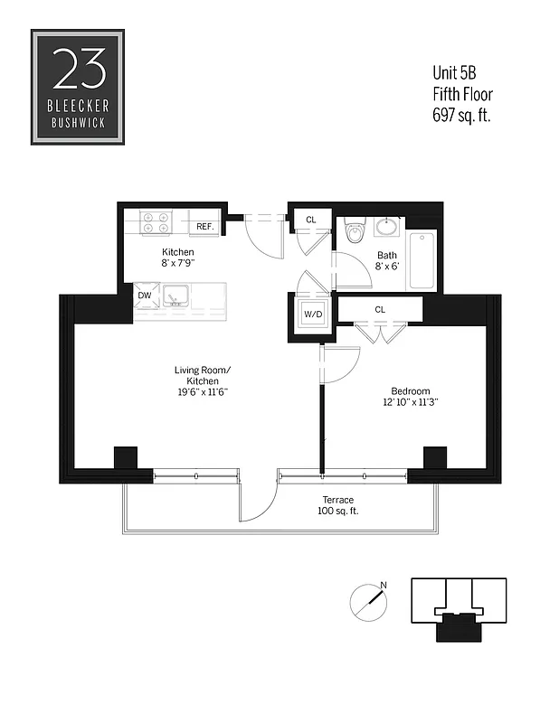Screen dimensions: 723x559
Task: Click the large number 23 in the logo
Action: click(78, 68)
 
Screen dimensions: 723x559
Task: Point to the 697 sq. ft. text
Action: click(463, 115)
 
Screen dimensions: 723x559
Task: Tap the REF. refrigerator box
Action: click(204, 226)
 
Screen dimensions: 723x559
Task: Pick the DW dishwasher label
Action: click(145, 295)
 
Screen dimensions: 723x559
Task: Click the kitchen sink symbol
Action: click(175, 295)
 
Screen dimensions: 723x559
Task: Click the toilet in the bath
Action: click(354, 233)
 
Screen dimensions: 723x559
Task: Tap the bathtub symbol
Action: click(421, 260)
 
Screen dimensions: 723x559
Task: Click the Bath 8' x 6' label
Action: click(387, 260)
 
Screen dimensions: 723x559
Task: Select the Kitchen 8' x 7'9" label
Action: click(178, 258)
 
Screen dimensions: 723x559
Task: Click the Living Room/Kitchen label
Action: click(204, 380)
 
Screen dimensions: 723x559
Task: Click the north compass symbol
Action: click(366, 598)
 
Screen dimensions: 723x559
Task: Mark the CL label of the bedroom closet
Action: click(380, 309)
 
